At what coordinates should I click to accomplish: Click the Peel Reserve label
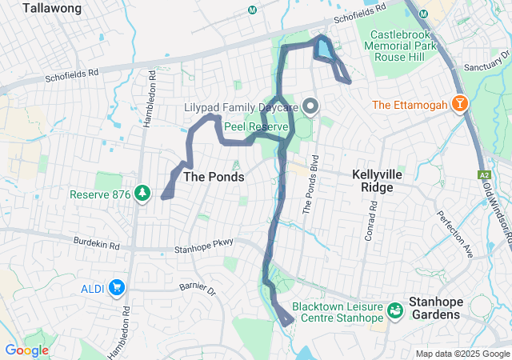[249, 126]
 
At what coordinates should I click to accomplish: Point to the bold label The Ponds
[214, 176]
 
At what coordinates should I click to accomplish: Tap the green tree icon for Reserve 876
[142, 194]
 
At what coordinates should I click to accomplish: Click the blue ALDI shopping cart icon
[117, 287]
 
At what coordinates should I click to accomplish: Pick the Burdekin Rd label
[96, 241]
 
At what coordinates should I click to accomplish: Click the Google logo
[26, 350]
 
